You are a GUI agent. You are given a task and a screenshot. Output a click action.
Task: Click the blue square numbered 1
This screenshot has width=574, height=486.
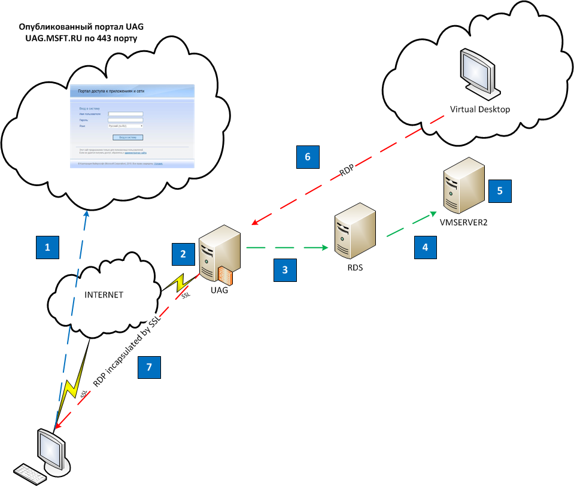tap(47, 247)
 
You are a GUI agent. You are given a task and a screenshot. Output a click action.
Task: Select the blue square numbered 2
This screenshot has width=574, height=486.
tap(183, 254)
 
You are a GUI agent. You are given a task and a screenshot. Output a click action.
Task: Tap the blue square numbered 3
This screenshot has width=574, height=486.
tap(286, 270)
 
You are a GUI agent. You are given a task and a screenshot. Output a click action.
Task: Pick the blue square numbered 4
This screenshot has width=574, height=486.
tap(426, 247)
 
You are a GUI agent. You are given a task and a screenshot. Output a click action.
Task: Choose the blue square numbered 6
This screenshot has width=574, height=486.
tap(308, 157)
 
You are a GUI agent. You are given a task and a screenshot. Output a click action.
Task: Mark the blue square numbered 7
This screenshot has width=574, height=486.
tap(149, 367)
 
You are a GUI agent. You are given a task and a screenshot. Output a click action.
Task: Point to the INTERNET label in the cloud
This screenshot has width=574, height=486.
tap(104, 295)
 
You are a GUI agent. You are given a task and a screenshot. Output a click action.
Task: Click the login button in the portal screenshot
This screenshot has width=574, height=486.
tap(128, 137)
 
